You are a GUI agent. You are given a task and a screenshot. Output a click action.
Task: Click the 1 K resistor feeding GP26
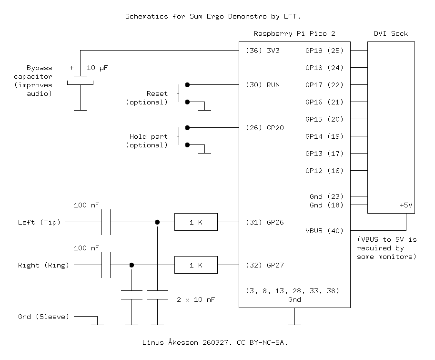pos(196,222)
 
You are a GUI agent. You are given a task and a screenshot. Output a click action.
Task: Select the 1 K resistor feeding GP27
pos(196,265)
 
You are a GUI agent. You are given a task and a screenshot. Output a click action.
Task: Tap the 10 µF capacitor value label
pos(97,68)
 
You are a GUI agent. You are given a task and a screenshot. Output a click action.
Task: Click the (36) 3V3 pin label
pos(263,51)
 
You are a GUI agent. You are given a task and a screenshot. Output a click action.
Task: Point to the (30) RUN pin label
pos(263,85)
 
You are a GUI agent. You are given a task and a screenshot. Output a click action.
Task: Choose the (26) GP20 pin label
pos(264,128)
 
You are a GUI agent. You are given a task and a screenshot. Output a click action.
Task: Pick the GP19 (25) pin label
pos(324,51)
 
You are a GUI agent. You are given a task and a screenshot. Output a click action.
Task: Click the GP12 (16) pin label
pos(324,171)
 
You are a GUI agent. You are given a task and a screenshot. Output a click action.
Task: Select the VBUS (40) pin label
pos(324,231)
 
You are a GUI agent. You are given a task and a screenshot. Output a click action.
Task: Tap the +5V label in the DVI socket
pos(406,205)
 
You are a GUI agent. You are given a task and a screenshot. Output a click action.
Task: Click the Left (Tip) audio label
pos(39,222)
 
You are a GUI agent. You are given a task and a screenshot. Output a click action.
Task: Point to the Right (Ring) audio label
pos(43,265)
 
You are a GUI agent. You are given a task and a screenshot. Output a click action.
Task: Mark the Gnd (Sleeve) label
pos(43,317)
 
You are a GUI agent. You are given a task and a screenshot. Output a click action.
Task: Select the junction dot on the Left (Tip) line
pos(157,222)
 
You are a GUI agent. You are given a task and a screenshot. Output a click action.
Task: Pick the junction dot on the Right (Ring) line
pos(132,265)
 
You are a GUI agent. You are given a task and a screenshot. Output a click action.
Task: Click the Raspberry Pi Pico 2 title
pos(294,33)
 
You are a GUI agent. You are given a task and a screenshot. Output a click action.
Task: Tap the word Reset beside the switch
pos(157,93)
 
